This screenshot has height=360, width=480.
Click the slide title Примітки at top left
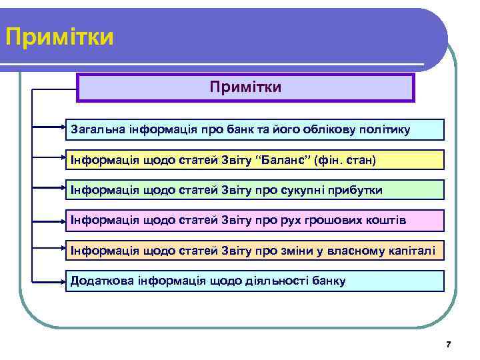click(59, 37)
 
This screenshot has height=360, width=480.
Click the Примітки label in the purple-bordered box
click(245, 87)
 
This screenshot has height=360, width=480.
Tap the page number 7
click(448, 345)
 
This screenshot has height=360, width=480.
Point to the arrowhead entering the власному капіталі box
click(61, 249)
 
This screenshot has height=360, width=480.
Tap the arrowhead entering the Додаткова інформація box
click(61, 280)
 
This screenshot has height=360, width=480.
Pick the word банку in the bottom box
click(328, 281)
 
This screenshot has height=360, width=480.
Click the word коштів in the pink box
click(386, 220)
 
